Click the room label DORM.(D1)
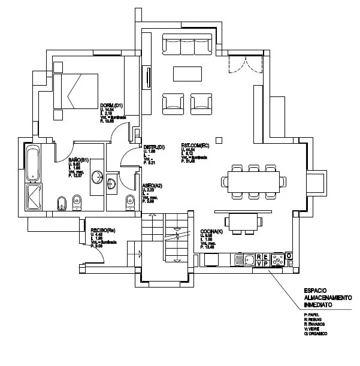111,106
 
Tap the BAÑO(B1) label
79,159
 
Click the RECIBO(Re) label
103,230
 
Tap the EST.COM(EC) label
195,146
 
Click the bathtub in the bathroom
33,164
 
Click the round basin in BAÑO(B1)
97,178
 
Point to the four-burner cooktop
278,260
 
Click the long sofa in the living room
187,47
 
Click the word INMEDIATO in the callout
317,305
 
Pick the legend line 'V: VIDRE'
314,328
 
